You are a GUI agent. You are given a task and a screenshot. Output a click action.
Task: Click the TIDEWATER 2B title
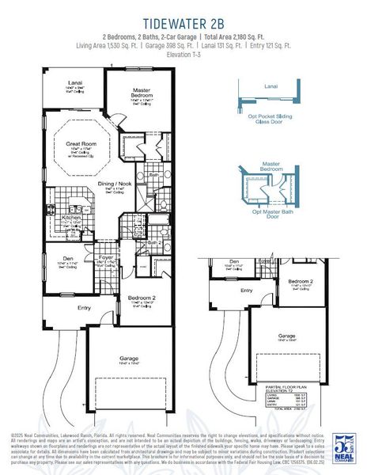183,21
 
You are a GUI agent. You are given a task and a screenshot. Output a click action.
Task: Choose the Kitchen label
71,217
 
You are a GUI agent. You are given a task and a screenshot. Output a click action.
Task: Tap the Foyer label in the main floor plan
104,258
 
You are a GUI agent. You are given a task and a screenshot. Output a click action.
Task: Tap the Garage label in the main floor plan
129,359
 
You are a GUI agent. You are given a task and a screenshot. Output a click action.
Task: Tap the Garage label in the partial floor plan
287,336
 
